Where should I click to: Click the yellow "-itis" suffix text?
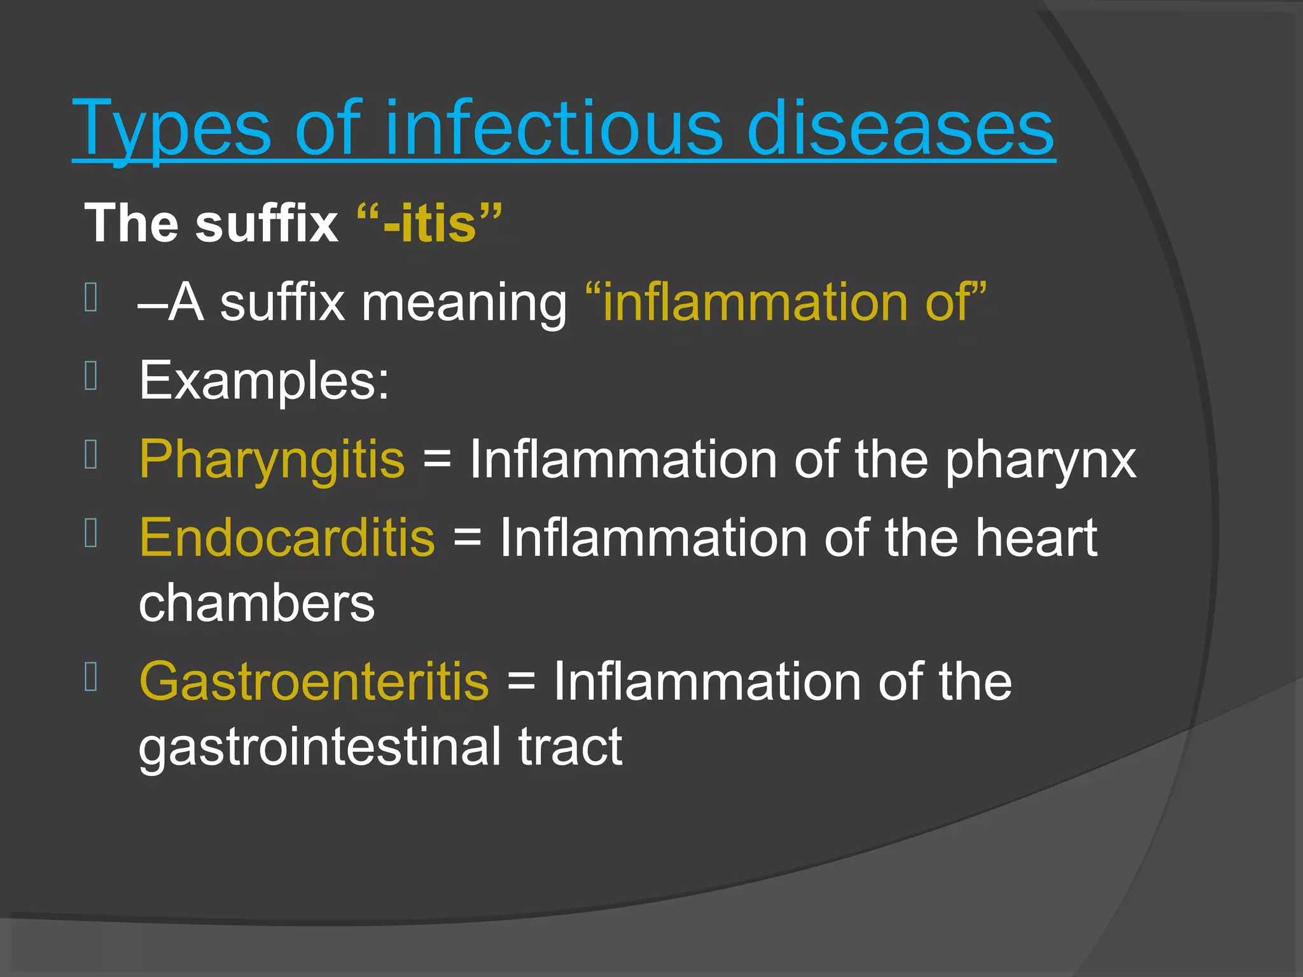click(429, 223)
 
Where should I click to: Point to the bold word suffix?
click(267, 223)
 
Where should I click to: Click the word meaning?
click(464, 303)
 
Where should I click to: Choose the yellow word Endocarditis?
click(287, 538)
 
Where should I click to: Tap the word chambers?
click(257, 603)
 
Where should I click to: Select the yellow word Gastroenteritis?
click(314, 681)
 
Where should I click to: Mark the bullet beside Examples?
click(91, 376)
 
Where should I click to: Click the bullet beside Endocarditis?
click(91, 534)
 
